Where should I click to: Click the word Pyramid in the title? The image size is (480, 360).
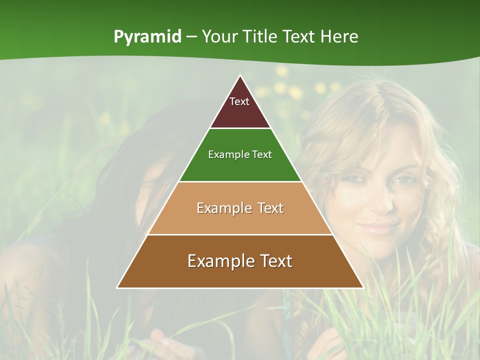(147, 37)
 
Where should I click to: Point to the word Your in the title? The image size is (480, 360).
(218, 36)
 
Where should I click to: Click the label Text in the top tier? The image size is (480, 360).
(239, 101)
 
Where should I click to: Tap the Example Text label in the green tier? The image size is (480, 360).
(240, 154)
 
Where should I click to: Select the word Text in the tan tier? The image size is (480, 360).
(268, 208)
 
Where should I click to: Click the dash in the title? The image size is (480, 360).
(191, 37)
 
